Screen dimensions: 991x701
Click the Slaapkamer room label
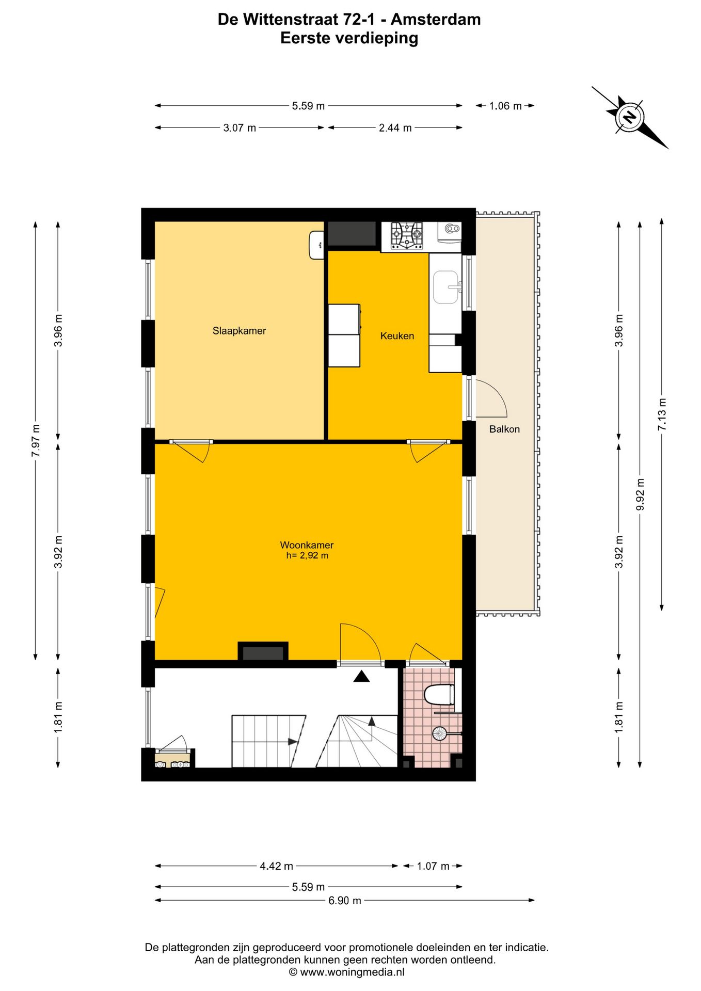tap(239, 331)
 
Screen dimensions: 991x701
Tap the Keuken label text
tap(397, 336)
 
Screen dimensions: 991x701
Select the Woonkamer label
tap(307, 545)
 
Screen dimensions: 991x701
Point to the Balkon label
tap(504, 429)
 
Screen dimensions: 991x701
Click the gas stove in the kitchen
tap(407, 235)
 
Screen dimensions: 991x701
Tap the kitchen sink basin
tap(445, 287)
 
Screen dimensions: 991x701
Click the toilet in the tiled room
tap(439, 694)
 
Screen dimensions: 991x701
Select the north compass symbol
tap(629, 117)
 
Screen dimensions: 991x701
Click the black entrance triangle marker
tap(361, 676)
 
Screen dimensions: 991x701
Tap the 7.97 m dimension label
tap(36, 440)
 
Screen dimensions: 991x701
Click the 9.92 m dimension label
tap(640, 494)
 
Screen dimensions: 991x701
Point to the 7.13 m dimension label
tap(662, 414)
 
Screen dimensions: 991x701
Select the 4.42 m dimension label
tap(276, 866)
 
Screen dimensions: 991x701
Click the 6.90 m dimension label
tap(345, 901)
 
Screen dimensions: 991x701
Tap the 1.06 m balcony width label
tap(505, 106)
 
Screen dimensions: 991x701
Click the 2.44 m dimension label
tap(395, 127)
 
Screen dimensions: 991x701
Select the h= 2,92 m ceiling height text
tap(307, 556)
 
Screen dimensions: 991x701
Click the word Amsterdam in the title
tap(436, 20)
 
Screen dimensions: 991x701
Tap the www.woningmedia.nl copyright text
tap(346, 972)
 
